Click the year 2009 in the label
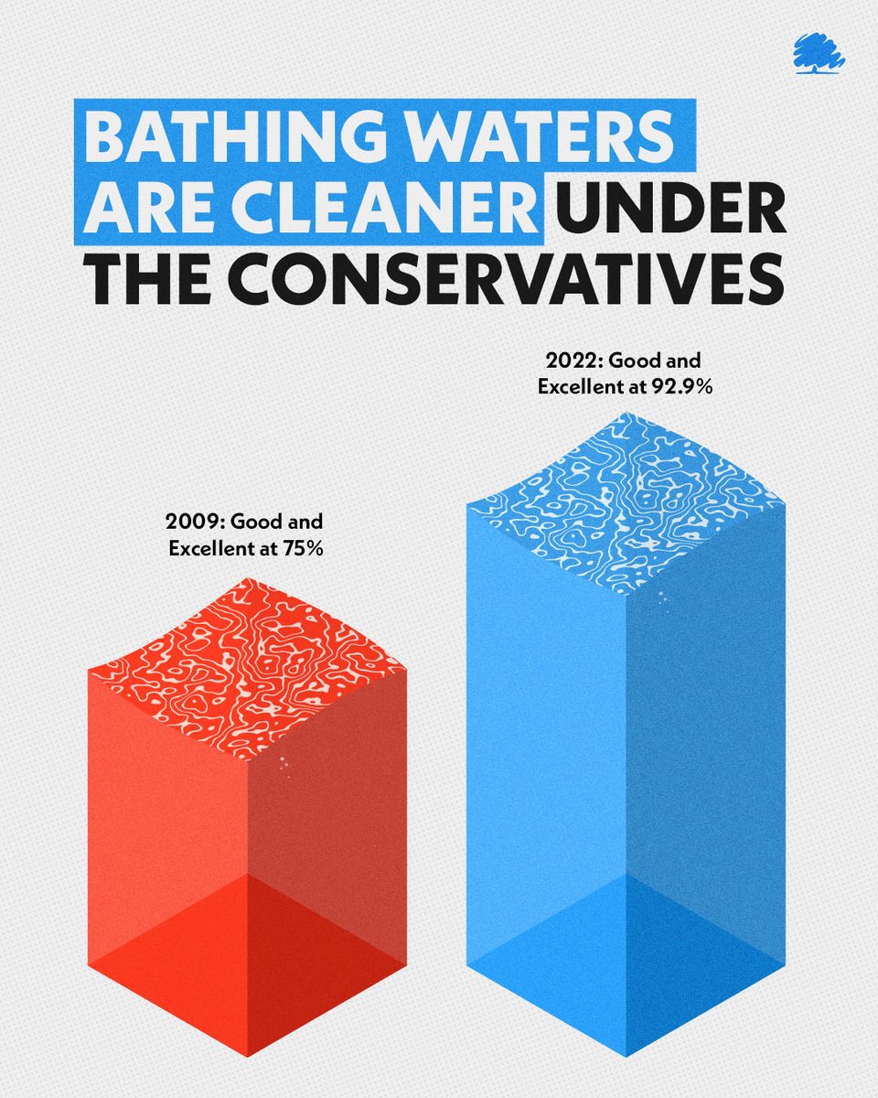(x=194, y=524)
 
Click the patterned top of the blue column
(x=626, y=503)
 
